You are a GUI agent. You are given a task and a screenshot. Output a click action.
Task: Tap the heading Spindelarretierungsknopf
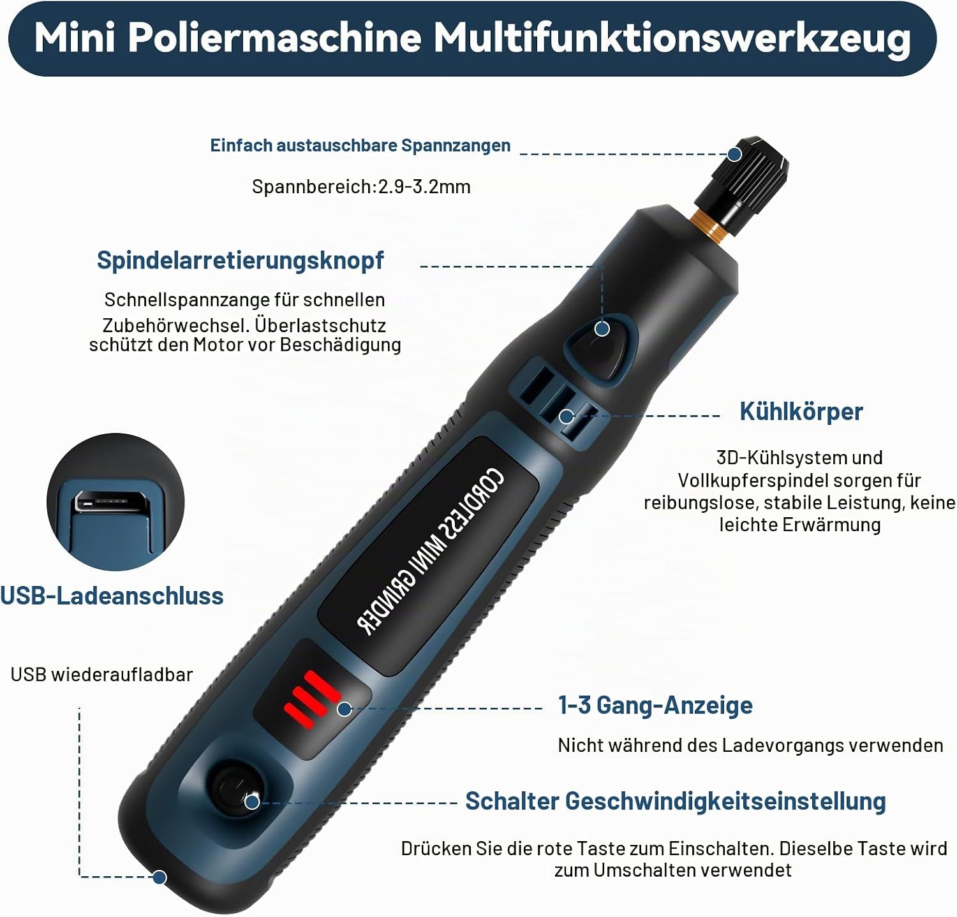[240, 261]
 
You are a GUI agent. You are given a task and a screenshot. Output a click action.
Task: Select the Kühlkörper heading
[801, 411]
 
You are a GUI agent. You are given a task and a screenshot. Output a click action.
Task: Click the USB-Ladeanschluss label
[112, 596]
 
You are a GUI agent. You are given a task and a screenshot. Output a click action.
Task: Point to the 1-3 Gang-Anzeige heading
[655, 705]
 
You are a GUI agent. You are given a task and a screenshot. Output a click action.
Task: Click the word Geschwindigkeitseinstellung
[725, 801]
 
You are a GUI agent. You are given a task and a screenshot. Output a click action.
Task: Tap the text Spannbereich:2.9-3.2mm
[361, 187]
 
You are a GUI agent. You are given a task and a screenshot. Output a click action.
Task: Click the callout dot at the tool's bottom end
[159, 877]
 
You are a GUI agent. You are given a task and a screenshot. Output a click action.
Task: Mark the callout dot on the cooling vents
[566, 417]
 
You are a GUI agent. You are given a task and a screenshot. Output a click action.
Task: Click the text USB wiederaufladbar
[102, 675]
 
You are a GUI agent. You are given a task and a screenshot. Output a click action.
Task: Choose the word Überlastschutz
[320, 325]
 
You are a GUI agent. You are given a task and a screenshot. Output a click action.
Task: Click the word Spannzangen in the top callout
[456, 146]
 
